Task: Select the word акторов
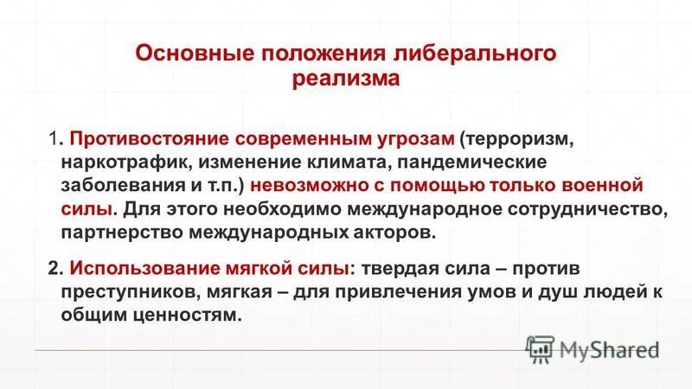pyautogui.click(x=389, y=233)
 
